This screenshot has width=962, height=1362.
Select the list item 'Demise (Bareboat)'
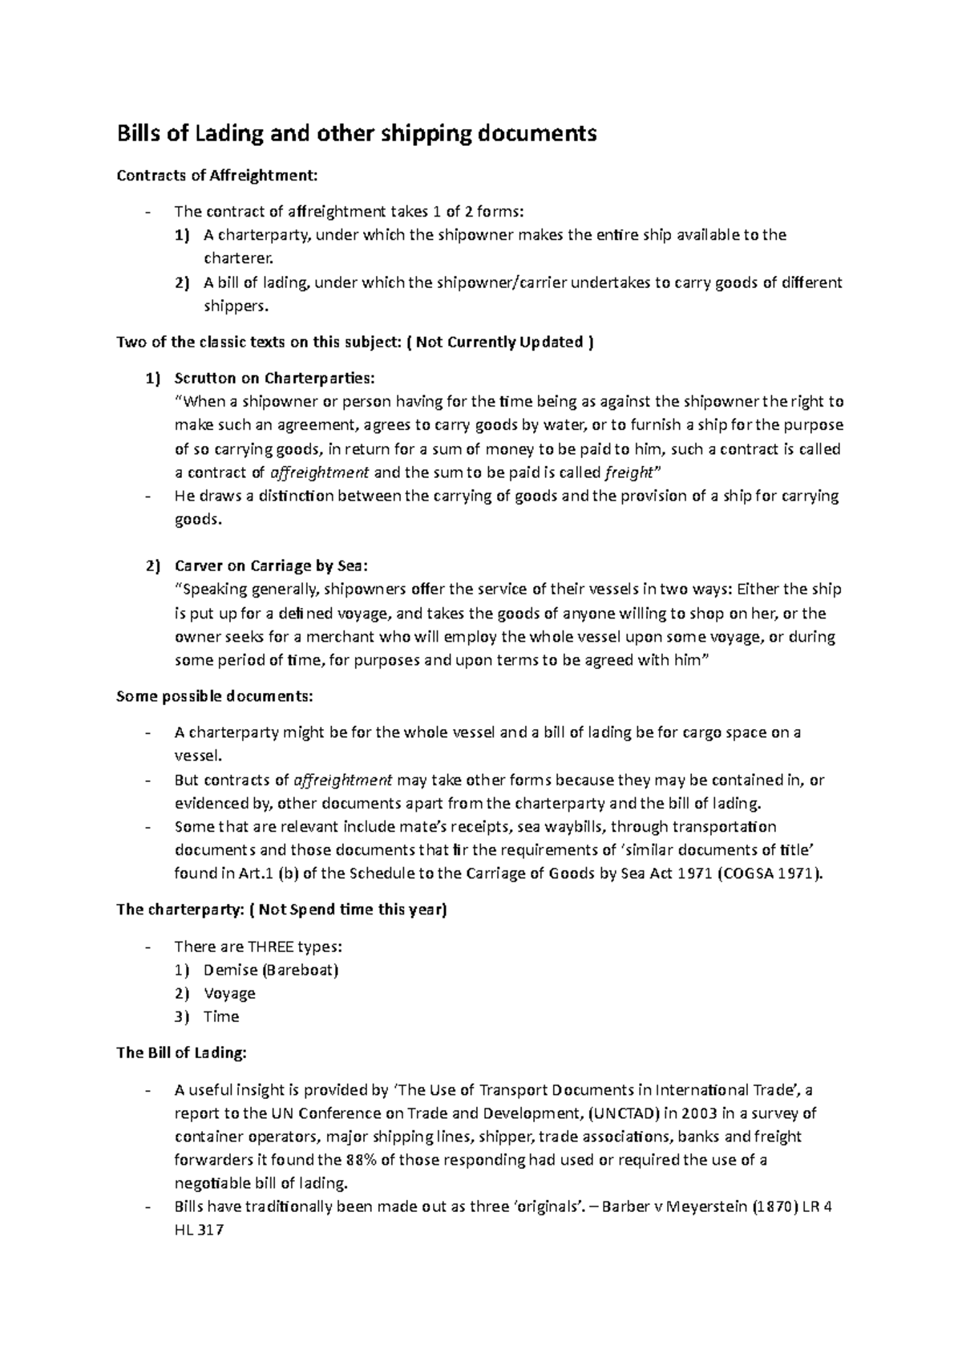(271, 970)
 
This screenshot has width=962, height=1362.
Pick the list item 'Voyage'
(229, 993)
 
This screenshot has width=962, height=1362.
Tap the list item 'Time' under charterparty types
(221, 1016)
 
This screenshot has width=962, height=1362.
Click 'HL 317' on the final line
(199, 1230)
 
